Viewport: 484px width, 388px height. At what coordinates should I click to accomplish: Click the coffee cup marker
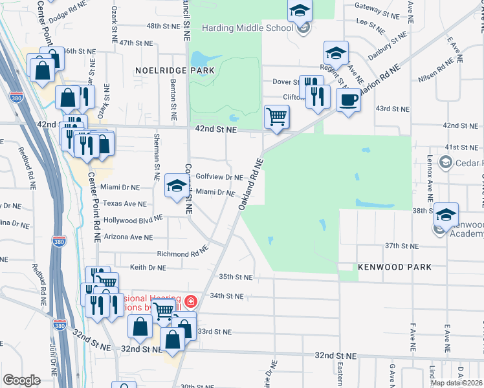pyautogui.click(x=348, y=100)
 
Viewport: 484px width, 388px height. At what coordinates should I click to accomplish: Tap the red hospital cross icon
pyautogui.click(x=190, y=301)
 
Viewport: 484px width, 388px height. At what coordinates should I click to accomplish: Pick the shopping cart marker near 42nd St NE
pyautogui.click(x=276, y=117)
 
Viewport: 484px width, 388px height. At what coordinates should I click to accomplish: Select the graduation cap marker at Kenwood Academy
pyautogui.click(x=446, y=215)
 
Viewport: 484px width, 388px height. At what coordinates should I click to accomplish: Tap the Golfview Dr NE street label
pyautogui.click(x=219, y=177)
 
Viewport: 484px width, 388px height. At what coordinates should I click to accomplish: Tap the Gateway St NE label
pyautogui.click(x=375, y=12)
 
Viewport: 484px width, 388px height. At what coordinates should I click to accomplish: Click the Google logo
pyautogui.click(x=22, y=380)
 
